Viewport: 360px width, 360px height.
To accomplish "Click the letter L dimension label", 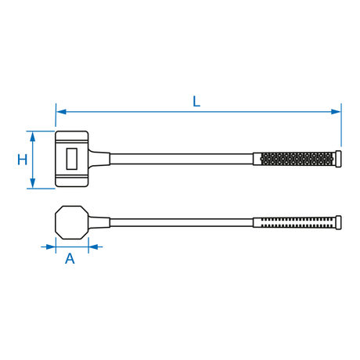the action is click(x=196, y=102).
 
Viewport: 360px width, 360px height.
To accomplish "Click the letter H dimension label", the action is click(x=22, y=160).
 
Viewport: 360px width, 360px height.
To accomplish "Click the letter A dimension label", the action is click(x=70, y=258).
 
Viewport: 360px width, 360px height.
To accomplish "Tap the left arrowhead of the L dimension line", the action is click(x=61, y=112).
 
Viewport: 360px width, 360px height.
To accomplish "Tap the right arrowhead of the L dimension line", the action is click(x=336, y=112).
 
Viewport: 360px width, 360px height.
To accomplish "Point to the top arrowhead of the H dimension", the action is click(x=32, y=136).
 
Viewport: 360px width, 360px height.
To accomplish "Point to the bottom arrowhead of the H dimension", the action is click(x=32, y=183).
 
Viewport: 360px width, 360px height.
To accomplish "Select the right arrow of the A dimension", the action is click(x=95, y=247).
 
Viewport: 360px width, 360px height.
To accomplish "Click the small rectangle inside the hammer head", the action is click(x=72, y=159).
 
